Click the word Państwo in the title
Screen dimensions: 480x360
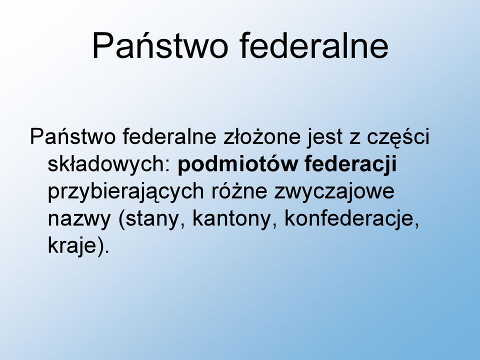point(160,45)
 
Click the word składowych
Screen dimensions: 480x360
point(106,164)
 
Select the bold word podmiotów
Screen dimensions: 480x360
point(237,164)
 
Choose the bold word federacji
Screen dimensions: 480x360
point(351,164)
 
